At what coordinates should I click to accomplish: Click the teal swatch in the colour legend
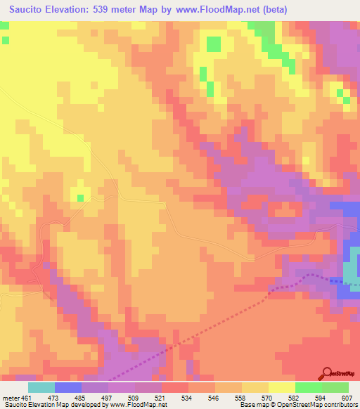(x=41, y=387)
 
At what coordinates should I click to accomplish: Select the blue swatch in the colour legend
(x=68, y=387)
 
